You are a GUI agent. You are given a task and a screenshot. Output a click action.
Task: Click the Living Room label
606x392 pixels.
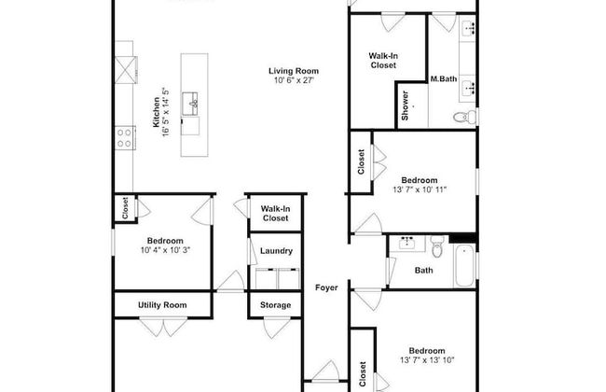tap(294, 70)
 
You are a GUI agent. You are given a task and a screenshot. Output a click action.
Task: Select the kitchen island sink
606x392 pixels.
tap(194, 101)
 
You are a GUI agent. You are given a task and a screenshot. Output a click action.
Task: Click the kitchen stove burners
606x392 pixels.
tap(123, 138)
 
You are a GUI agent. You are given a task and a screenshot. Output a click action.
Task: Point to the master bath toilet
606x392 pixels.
tap(463, 117)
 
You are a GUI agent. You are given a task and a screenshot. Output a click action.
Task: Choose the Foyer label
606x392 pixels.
tap(325, 287)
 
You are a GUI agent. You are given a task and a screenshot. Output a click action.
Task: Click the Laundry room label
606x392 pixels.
tap(276, 250)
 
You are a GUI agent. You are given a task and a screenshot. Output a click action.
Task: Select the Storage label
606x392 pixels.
tap(275, 304)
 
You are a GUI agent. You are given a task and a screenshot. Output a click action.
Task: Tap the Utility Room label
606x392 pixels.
tap(162, 304)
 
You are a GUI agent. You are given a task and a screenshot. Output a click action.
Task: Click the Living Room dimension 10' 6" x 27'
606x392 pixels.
tap(294, 81)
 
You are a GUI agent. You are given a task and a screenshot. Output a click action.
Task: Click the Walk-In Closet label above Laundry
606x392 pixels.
tap(274, 214)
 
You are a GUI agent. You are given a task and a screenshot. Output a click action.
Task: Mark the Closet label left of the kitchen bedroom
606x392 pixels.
tap(124, 210)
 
